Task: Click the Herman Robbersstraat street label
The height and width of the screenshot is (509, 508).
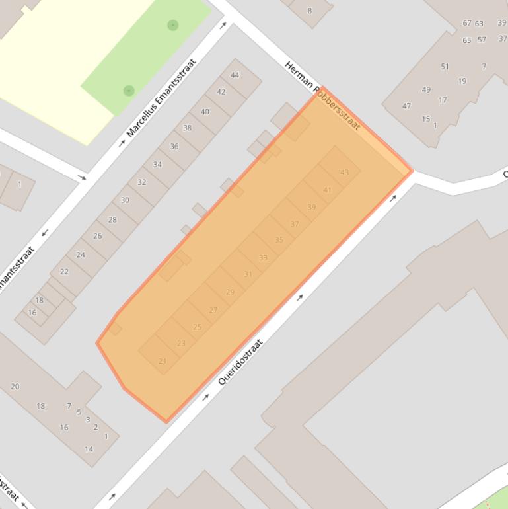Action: click(x=323, y=95)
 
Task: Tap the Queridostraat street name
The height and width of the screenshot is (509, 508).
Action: click(x=240, y=362)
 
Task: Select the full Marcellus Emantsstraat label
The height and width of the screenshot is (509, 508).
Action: click(x=161, y=98)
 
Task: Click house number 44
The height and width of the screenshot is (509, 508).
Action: click(x=235, y=75)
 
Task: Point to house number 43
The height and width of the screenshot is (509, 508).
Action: click(x=344, y=173)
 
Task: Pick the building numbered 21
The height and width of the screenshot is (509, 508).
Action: click(x=163, y=361)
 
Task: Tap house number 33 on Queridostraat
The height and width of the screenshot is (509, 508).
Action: click(x=263, y=258)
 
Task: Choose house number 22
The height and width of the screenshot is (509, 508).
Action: click(x=64, y=271)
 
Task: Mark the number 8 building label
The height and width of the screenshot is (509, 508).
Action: click(x=309, y=11)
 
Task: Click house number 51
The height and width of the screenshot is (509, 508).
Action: click(x=445, y=66)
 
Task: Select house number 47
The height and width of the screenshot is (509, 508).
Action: click(x=406, y=106)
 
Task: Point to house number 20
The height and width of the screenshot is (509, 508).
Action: click(x=15, y=387)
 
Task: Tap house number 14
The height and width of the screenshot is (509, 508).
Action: click(x=89, y=449)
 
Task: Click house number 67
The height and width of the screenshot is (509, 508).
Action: click(x=467, y=23)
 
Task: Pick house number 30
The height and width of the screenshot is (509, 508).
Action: click(x=125, y=200)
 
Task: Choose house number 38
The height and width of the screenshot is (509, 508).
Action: click(x=187, y=128)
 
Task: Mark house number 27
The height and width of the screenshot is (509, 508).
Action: click(x=213, y=310)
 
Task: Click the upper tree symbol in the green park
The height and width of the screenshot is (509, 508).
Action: click(x=172, y=25)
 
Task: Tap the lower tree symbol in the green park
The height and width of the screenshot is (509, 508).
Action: click(x=129, y=91)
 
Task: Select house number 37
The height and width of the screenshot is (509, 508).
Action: click(x=295, y=224)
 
